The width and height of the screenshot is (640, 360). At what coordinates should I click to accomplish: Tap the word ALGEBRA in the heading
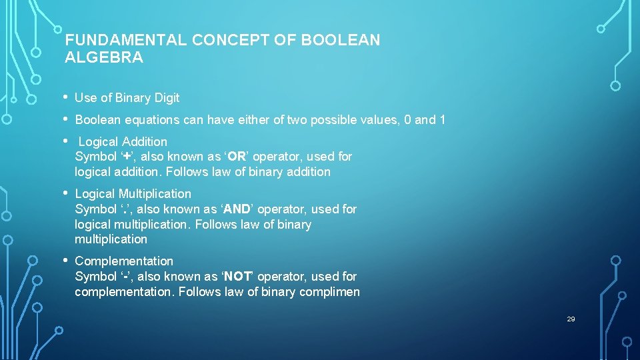pyautogui.click(x=104, y=57)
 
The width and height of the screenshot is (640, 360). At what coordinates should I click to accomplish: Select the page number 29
pyautogui.click(x=571, y=319)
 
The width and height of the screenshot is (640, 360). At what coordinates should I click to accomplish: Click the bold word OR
pyautogui.click(x=237, y=157)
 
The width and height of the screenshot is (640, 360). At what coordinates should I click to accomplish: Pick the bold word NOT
pyautogui.click(x=237, y=277)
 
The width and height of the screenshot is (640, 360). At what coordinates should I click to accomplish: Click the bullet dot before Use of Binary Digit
pyautogui.click(x=67, y=97)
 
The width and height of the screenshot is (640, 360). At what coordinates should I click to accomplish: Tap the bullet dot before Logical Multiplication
pyautogui.click(x=67, y=193)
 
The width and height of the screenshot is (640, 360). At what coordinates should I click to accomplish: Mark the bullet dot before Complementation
pyautogui.click(x=67, y=261)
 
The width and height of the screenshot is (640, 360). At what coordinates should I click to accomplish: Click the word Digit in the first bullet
pyautogui.click(x=166, y=98)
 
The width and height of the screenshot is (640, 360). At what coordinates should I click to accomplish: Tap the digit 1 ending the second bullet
pyautogui.click(x=441, y=120)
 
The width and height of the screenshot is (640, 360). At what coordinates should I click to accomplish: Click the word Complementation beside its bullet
pyautogui.click(x=124, y=261)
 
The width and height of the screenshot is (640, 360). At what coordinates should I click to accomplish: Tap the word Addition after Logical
pyautogui.click(x=144, y=142)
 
